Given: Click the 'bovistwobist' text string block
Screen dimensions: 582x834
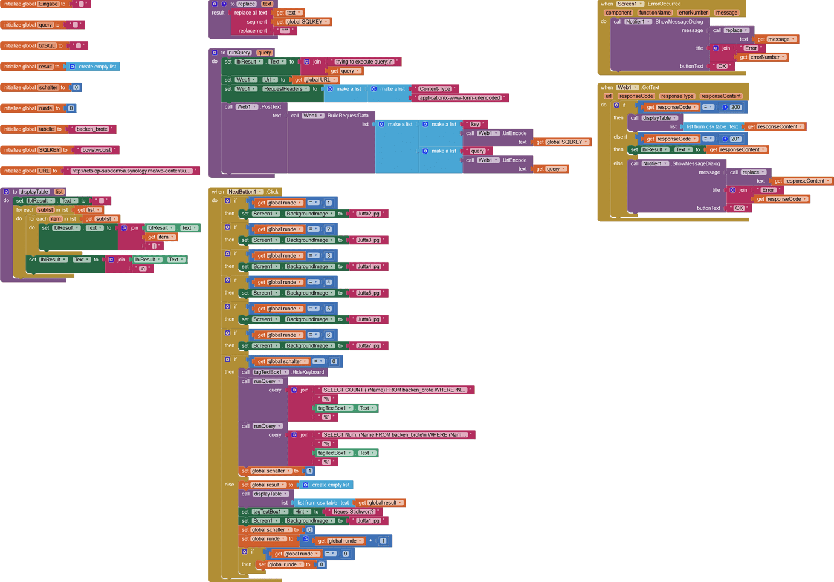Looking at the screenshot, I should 97,150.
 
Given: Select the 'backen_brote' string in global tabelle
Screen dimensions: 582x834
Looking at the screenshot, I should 92,129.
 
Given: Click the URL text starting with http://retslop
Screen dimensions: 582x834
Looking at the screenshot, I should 131,171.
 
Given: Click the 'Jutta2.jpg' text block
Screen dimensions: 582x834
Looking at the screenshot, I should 368,214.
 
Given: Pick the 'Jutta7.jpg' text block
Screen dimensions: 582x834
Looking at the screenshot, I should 368,346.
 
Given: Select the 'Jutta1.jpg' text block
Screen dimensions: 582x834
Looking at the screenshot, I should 368,521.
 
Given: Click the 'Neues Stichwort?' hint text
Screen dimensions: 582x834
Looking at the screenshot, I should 354,512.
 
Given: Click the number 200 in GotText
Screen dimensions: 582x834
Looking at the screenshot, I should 735,107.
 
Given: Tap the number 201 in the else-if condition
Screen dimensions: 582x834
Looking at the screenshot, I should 735,139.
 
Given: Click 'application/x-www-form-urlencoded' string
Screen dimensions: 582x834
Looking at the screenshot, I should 459,98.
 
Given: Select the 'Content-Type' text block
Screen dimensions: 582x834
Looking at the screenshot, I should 435,89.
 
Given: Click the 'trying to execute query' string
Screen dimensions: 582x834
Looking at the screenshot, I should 364,62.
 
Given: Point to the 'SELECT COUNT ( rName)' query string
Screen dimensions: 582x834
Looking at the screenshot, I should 395,390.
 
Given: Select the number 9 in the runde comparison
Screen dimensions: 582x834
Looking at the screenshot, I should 346,554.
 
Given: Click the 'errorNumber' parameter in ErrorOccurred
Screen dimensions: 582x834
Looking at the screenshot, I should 693,13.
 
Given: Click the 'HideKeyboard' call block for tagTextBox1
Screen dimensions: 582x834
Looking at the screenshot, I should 308,373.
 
